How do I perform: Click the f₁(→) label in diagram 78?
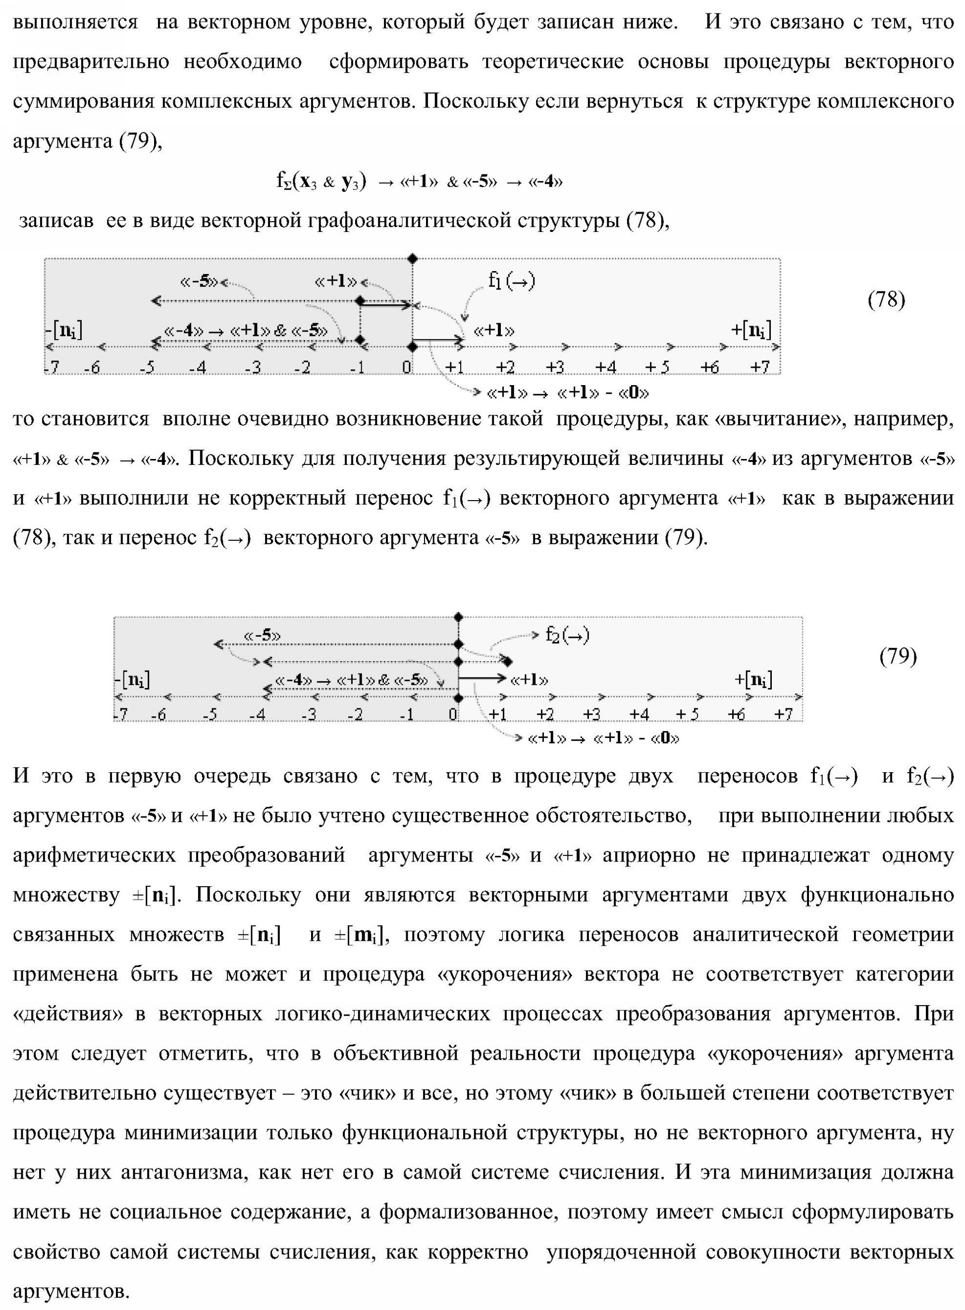[512, 282]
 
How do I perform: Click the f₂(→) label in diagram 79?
[567, 634]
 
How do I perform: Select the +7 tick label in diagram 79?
[783, 714]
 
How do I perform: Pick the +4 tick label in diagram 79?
[639, 714]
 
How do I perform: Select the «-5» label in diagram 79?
[262, 635]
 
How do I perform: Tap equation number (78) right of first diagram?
[886, 300]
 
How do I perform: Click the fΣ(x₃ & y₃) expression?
[322, 182]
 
